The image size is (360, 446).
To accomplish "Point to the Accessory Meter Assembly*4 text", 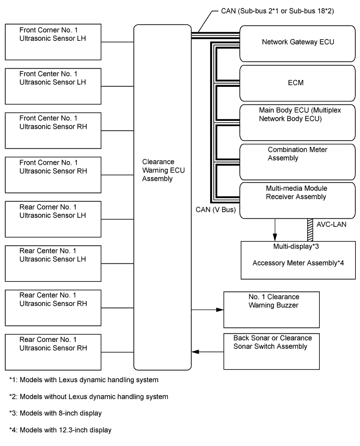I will point(297,263).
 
